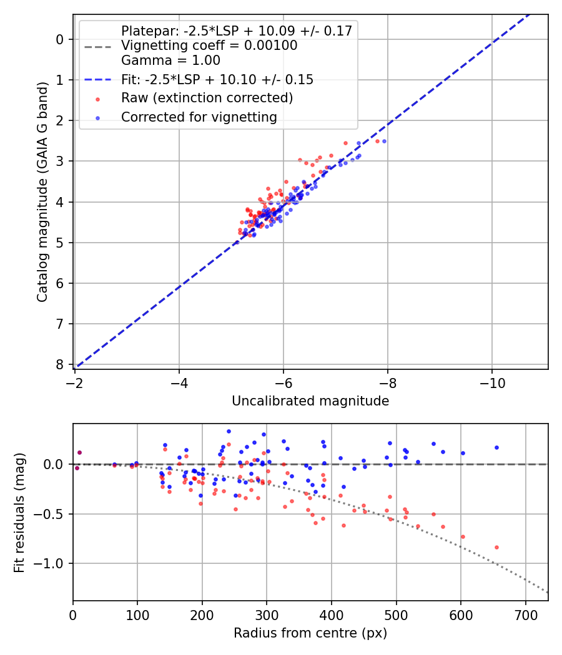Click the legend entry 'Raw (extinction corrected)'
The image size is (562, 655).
(207, 98)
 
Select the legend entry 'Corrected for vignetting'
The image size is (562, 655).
(198, 117)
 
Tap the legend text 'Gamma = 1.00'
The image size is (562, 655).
(170, 61)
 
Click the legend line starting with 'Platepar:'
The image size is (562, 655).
(236, 31)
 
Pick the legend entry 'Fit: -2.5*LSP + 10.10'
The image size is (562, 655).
(217, 79)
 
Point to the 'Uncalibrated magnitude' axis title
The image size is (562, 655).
(310, 401)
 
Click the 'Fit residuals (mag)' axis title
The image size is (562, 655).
(19, 512)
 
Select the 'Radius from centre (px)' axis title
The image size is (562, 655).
(310, 633)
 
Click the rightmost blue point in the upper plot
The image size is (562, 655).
(384, 141)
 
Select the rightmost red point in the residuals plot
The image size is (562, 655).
(496, 547)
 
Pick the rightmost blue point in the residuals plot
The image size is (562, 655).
(496, 447)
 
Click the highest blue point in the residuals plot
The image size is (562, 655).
(229, 431)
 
